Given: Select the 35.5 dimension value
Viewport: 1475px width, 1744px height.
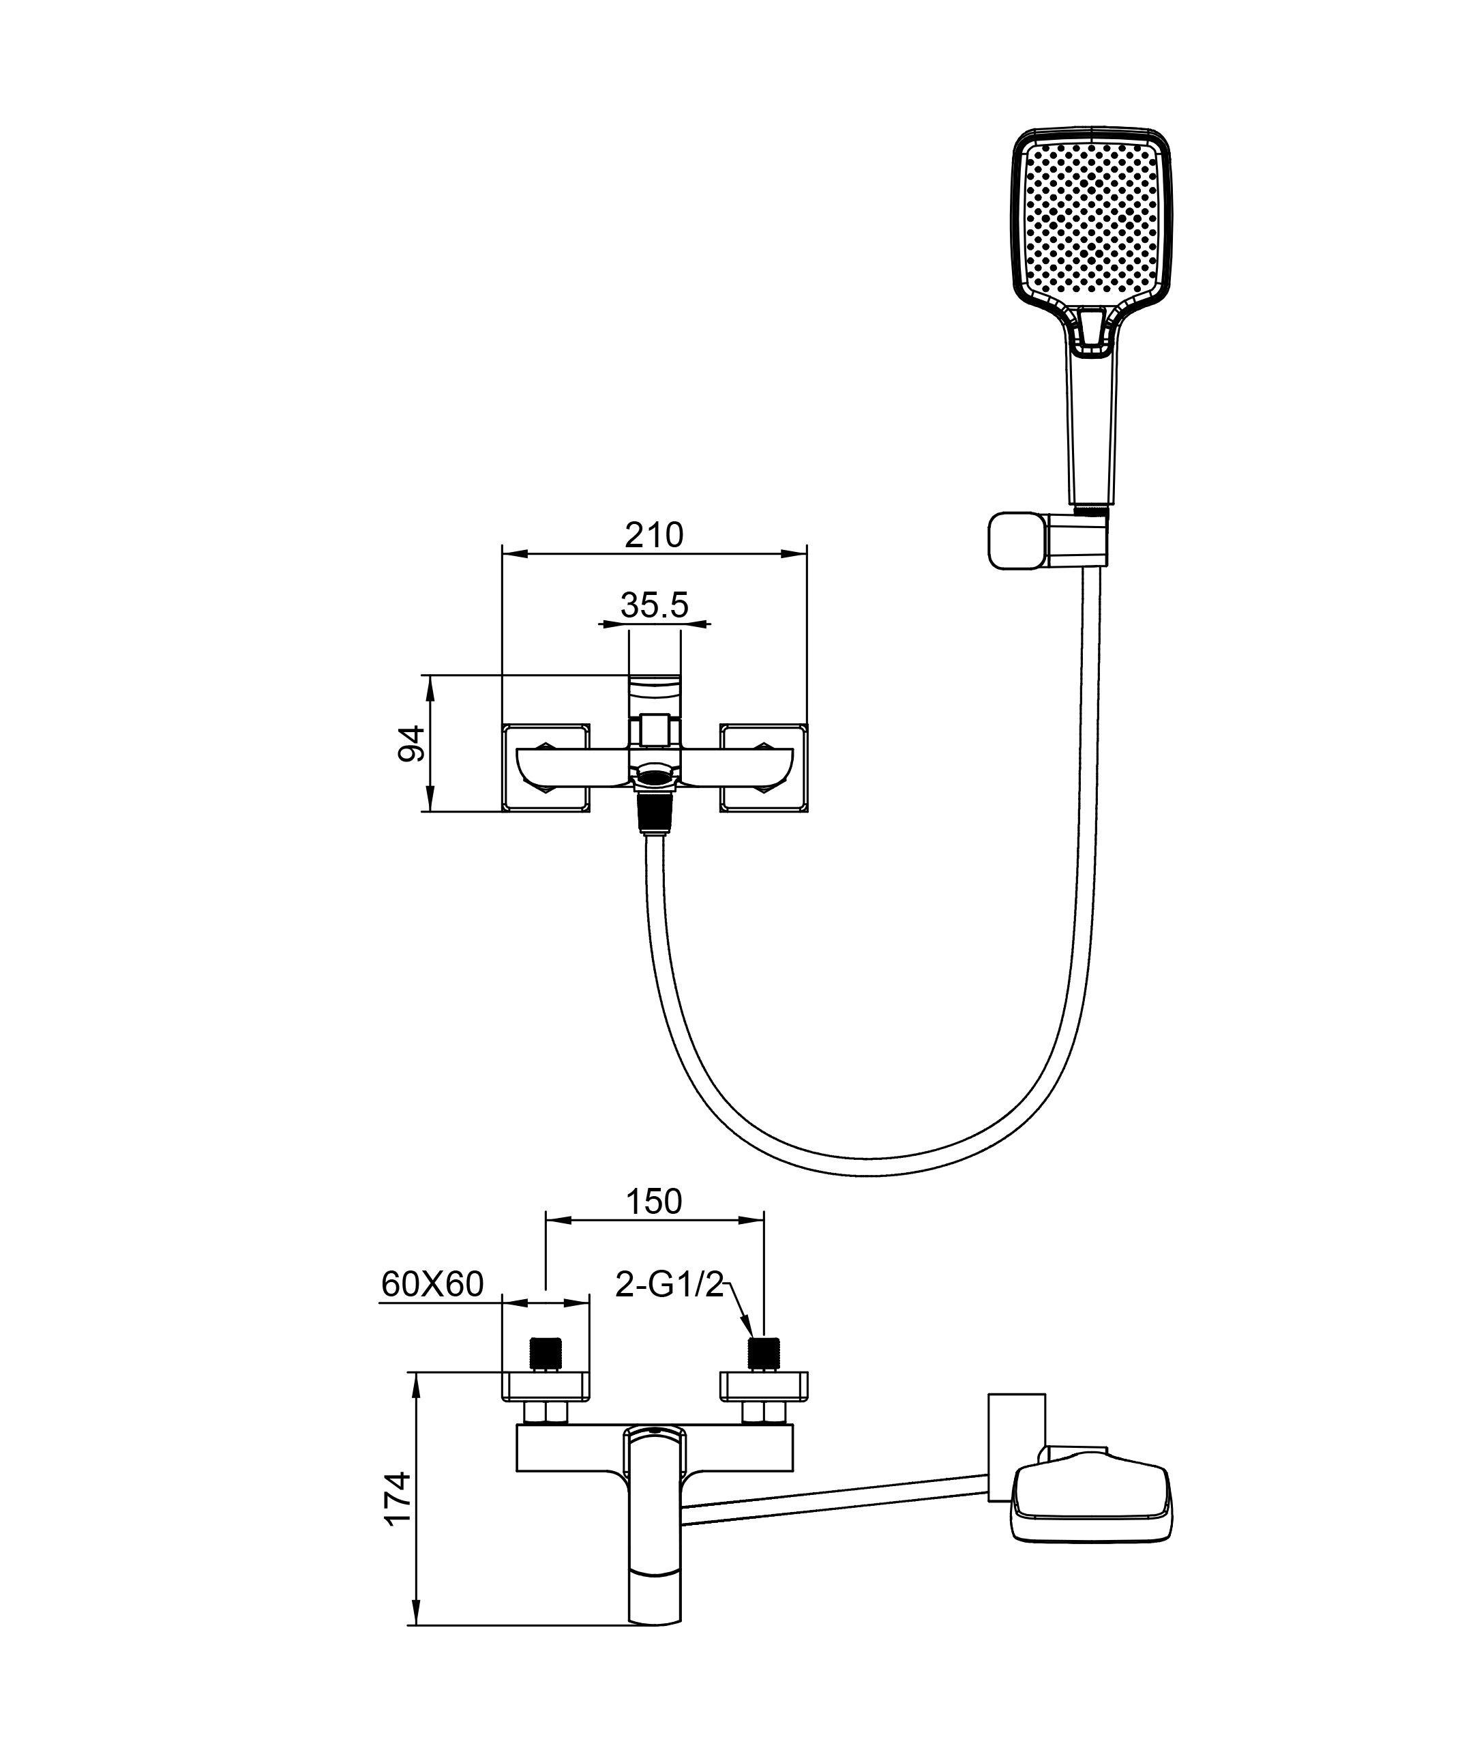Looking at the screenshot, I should pyautogui.click(x=654, y=605).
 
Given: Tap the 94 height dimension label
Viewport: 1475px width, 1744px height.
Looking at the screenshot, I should pyautogui.click(x=411, y=743).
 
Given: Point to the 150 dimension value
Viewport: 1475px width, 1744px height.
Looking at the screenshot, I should pyautogui.click(x=654, y=1202).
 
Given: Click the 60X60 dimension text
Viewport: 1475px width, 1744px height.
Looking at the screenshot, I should pyautogui.click(x=432, y=1284).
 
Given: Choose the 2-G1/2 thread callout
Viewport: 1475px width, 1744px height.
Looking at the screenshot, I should pyautogui.click(x=668, y=1285).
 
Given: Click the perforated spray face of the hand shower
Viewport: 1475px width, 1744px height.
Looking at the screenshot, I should pyautogui.click(x=1090, y=219).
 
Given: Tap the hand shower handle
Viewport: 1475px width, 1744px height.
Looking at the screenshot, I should pyautogui.click(x=1090, y=426).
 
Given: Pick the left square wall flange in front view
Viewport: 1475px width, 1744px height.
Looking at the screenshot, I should pyautogui.click(x=545, y=767).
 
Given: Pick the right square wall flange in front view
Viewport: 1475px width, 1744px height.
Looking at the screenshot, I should pyautogui.click(x=764, y=767).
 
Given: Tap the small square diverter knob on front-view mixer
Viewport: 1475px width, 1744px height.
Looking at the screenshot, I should pyautogui.click(x=655, y=729).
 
